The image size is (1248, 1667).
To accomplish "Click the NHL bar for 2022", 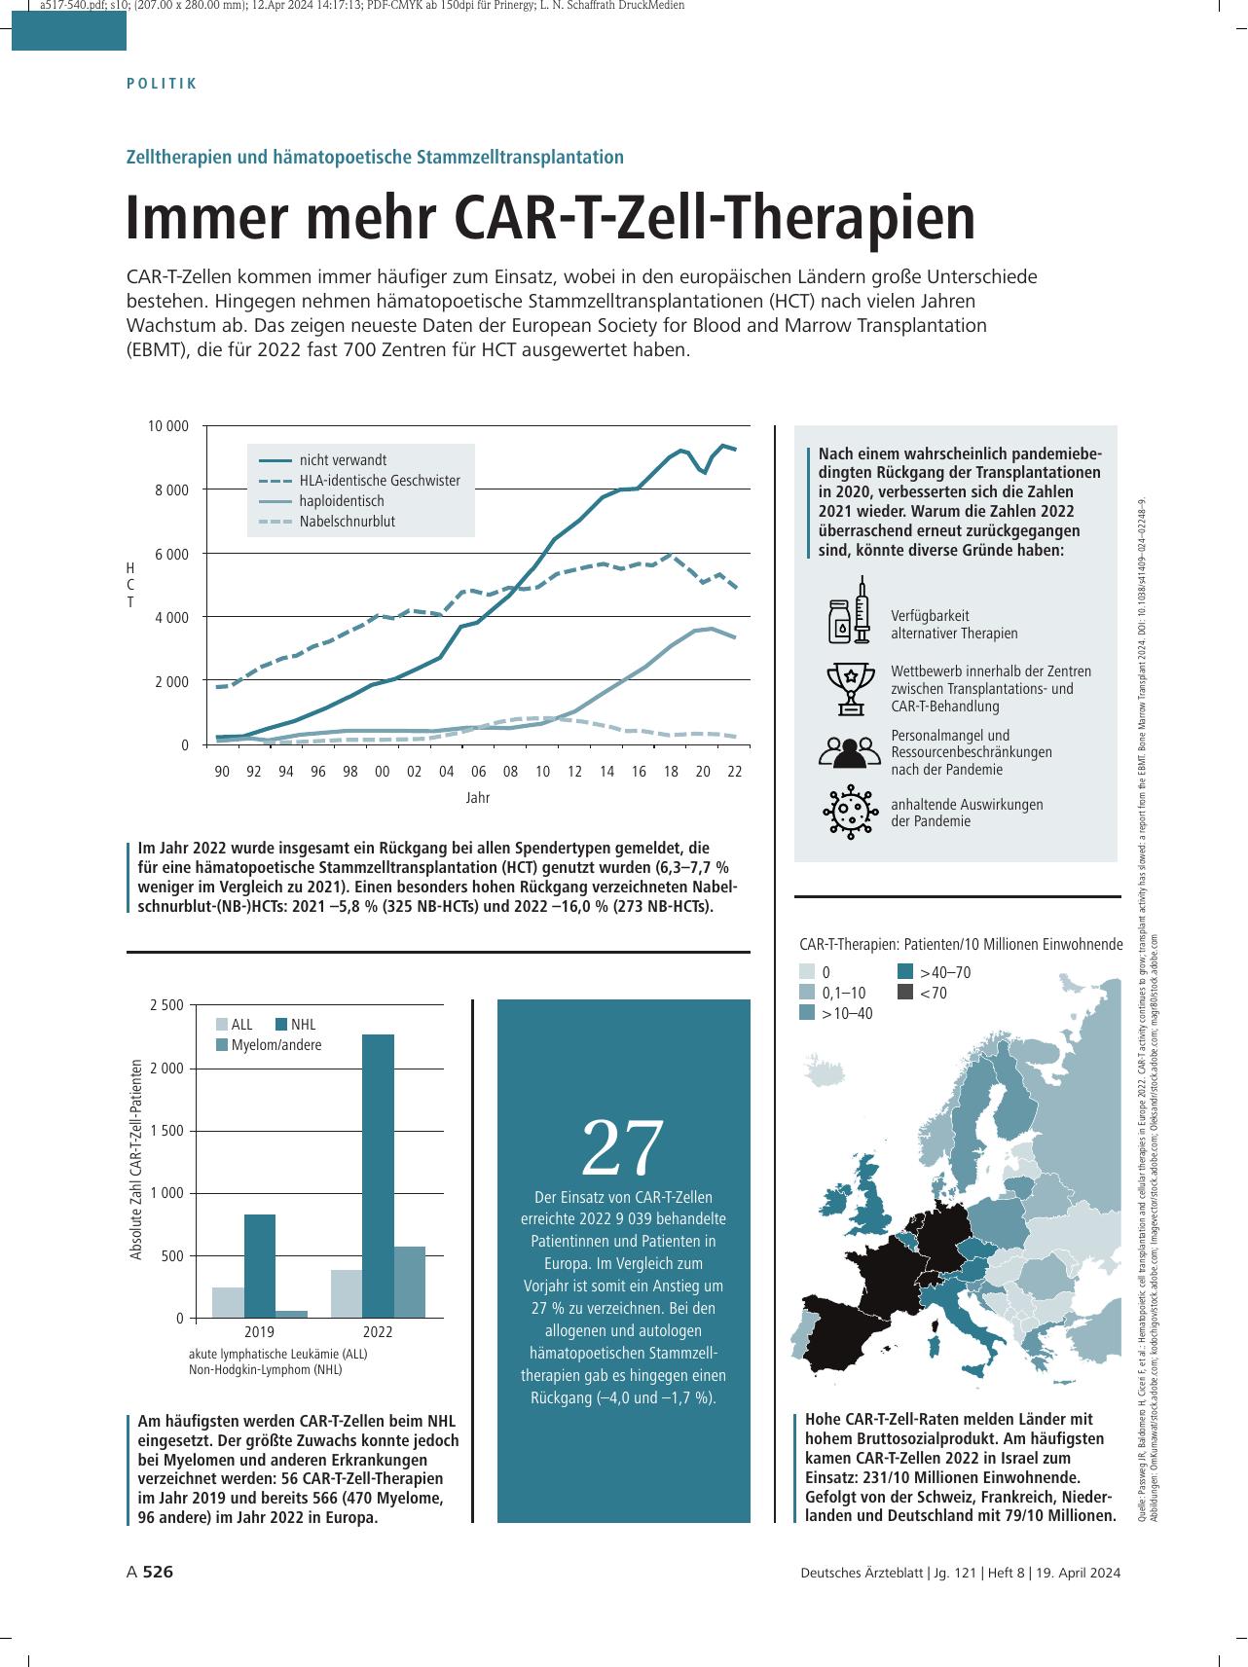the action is coord(378,1176).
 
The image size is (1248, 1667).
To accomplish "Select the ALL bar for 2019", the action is coord(228,1302).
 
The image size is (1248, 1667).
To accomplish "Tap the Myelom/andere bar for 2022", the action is coord(410,1282).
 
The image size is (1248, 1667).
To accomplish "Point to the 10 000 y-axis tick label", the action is coord(167,426).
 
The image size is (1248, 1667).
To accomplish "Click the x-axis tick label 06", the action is coord(478,771).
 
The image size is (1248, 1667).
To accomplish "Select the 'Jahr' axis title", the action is coord(478,798).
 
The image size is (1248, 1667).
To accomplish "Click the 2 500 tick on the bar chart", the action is coord(166,1005).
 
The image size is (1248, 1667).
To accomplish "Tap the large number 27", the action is coord(623,1147).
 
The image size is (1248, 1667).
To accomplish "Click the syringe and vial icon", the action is coord(849,610).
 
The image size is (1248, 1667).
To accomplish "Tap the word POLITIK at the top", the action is coord(163,84).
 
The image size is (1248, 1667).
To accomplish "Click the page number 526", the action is coord(158,1572).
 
